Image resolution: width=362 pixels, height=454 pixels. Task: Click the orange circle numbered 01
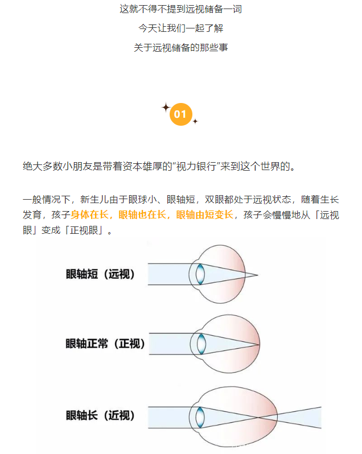coord(180,114)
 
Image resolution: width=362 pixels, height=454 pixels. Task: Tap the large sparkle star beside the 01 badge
coord(166,108)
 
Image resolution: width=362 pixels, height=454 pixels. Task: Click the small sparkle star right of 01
coord(195,121)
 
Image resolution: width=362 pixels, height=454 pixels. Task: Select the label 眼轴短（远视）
coord(100,274)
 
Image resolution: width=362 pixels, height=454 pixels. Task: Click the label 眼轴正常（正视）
coord(105,344)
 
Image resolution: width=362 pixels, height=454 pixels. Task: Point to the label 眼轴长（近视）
coord(100,415)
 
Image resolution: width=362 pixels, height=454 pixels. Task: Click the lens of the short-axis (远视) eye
coord(200,274)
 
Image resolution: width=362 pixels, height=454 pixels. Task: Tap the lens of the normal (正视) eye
coord(201,344)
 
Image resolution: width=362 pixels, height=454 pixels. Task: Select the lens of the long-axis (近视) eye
coord(200,417)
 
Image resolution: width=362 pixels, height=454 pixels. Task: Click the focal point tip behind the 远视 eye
coord(257,275)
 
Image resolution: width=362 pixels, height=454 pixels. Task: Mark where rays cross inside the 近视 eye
coord(258,417)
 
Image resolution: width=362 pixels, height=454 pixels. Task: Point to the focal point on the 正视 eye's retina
coord(258,345)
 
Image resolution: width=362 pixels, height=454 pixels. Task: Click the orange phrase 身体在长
coord(89,215)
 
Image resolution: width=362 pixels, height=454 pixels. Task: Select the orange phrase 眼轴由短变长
coord(204,215)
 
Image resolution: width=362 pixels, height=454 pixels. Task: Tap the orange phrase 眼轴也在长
coord(142,215)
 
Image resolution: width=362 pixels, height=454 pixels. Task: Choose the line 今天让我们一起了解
coord(180,28)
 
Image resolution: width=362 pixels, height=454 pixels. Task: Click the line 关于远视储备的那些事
coord(180,47)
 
